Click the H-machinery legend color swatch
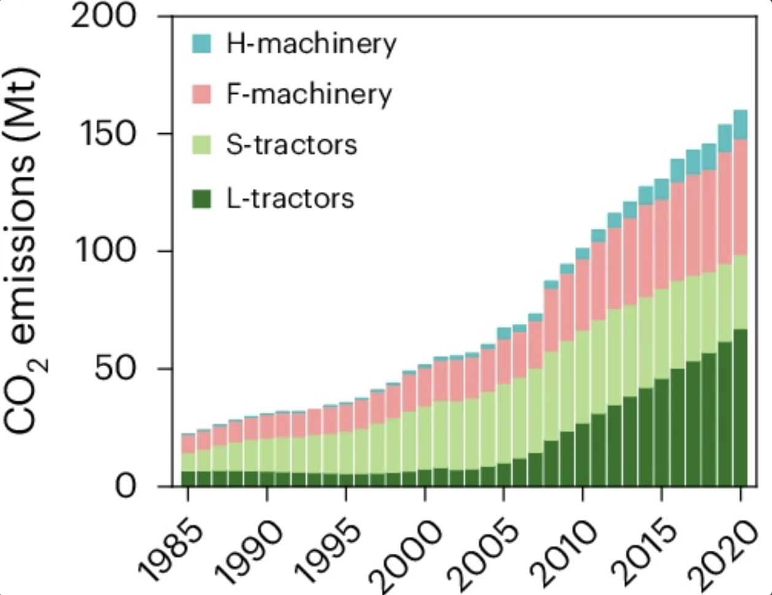pyautogui.click(x=201, y=44)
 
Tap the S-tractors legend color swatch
pyautogui.click(x=201, y=146)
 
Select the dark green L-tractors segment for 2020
pyautogui.click(x=741, y=408)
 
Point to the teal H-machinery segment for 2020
pyautogui.click(x=741, y=125)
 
